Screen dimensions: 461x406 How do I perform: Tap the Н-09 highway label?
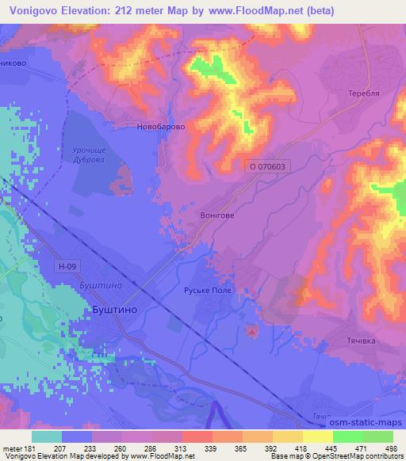pyautogui.click(x=68, y=268)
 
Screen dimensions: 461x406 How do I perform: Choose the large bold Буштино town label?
pyautogui.click(x=111, y=312)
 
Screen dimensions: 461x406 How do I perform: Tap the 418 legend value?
pyautogui.click(x=301, y=448)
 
